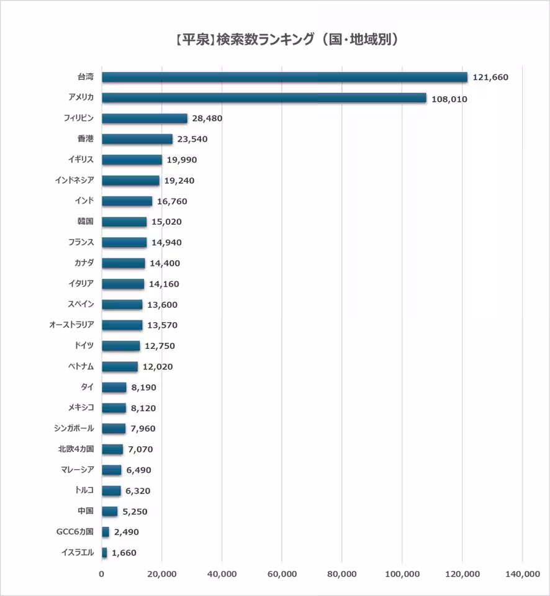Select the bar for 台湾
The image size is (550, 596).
(284, 77)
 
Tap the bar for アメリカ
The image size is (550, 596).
(264, 98)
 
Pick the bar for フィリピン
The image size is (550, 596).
(145, 119)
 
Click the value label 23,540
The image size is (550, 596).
(192, 139)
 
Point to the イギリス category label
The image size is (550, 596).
(81, 160)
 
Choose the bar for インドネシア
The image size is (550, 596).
(130, 181)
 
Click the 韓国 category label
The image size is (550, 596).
(86, 222)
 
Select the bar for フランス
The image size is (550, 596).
(124, 243)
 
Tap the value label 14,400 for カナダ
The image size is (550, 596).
(165, 263)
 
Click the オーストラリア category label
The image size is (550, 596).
(71, 325)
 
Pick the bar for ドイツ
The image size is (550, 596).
(121, 346)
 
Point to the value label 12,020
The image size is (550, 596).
(158, 367)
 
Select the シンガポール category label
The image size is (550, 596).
(74, 428)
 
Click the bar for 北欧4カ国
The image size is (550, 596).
(112, 449)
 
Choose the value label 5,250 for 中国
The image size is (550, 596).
(135, 512)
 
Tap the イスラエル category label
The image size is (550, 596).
(78, 553)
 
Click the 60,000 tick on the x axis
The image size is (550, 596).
(282, 575)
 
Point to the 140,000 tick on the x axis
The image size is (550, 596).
(522, 575)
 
